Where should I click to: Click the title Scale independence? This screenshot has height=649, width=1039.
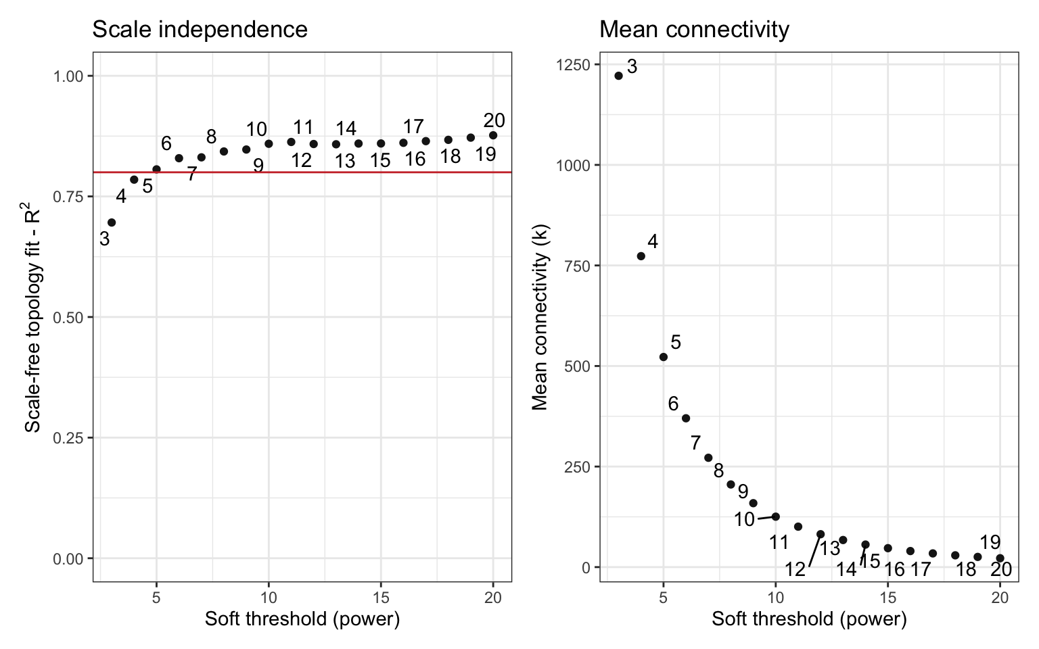point(200,30)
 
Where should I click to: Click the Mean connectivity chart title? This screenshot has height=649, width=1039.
point(694,30)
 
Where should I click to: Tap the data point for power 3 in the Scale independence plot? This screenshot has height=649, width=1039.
point(112,222)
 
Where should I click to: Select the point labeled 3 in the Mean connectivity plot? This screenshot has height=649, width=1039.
point(618,76)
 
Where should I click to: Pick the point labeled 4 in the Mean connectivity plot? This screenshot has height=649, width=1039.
point(641,256)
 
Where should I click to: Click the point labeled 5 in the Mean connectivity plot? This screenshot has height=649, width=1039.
point(664,357)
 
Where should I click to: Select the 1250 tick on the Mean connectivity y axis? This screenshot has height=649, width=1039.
point(572,65)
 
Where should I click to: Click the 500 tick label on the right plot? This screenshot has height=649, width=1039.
point(576,366)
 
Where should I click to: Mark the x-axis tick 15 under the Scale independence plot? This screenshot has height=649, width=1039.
point(381,598)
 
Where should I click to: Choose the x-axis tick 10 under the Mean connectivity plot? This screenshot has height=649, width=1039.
point(775,598)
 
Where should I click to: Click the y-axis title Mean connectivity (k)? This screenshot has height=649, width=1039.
point(540,316)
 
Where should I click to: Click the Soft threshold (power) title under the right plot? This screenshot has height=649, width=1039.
point(809,619)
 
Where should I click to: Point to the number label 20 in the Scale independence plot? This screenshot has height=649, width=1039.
point(494,120)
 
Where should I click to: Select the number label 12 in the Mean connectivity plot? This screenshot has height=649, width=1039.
point(795,569)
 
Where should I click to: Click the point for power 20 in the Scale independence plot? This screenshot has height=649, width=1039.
point(493,135)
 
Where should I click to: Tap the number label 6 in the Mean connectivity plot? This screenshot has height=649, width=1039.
point(673,404)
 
